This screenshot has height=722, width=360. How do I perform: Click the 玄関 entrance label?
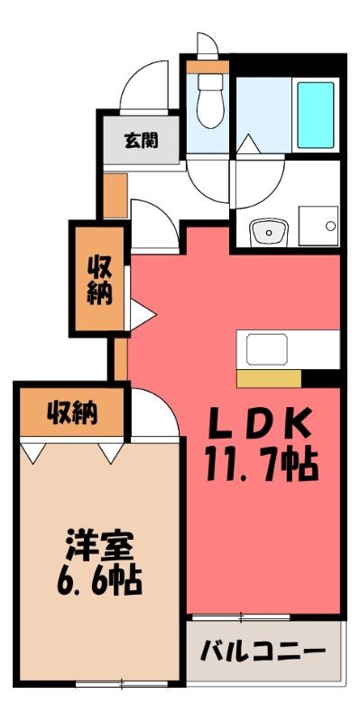pyautogui.click(x=141, y=141)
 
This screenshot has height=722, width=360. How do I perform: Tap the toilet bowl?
pyautogui.click(x=210, y=101)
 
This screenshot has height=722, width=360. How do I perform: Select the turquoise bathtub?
pyautogui.click(x=316, y=116)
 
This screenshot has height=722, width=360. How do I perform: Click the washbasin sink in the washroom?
pyautogui.click(x=269, y=233)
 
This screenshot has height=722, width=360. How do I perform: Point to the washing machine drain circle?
pyautogui.click(x=331, y=227)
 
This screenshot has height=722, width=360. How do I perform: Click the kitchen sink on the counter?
pyautogui.click(x=267, y=349)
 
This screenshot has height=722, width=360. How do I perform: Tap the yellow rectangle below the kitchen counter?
pyautogui.click(x=269, y=378)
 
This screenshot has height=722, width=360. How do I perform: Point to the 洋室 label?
pyautogui.click(x=99, y=546)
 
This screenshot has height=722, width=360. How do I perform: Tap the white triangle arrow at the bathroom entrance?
pyautogui.click(x=248, y=144)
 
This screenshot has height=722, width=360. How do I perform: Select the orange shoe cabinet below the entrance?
pyautogui.click(x=115, y=196)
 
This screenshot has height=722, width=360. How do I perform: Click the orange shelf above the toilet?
pyautogui.click(x=208, y=67)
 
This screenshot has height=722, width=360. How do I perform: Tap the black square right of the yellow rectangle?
pyautogui.click(x=321, y=378)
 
